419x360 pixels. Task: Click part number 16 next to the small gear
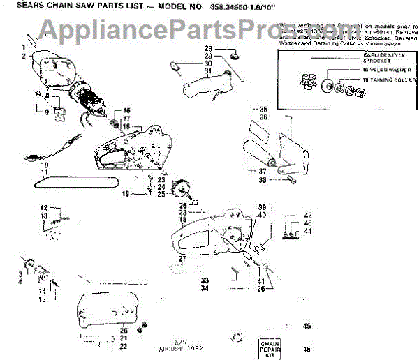126,111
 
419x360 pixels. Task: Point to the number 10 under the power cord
44,165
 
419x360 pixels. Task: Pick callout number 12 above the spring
43,208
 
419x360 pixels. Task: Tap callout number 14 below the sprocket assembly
42,291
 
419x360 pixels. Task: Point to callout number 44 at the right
307,230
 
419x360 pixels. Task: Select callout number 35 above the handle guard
263,109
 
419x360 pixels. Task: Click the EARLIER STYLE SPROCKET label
381,57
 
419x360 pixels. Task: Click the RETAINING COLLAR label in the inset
385,82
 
